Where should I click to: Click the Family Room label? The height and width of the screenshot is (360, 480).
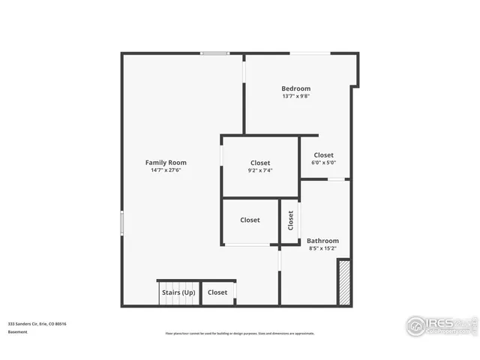tap(166, 162)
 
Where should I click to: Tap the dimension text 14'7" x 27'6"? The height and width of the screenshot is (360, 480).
tap(166, 170)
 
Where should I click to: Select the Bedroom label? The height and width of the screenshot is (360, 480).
tap(296, 88)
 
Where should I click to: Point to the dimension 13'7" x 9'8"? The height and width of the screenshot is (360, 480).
tap(296, 96)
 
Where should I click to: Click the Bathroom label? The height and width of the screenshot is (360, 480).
tap(323, 241)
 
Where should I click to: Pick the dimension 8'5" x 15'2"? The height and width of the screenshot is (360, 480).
tap(323, 248)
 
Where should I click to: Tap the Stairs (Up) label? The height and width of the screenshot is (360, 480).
tap(178, 292)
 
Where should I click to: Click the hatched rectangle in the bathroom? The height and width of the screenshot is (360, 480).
tap(345, 282)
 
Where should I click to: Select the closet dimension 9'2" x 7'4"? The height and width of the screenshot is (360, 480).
tap(260, 170)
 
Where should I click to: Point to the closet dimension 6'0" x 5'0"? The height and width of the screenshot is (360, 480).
tap(324, 163)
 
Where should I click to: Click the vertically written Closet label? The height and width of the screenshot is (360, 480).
tap(291, 220)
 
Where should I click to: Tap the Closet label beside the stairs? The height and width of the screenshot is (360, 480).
tap(217, 292)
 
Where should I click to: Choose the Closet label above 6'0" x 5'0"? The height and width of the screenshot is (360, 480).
tap(324, 155)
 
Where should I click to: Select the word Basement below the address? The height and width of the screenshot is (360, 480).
tap(18, 331)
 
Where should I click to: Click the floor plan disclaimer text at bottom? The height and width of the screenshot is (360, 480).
tap(240, 334)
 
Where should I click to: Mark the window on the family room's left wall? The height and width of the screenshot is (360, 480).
tap(122, 224)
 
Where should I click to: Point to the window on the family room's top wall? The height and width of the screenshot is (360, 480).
tap(214, 53)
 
